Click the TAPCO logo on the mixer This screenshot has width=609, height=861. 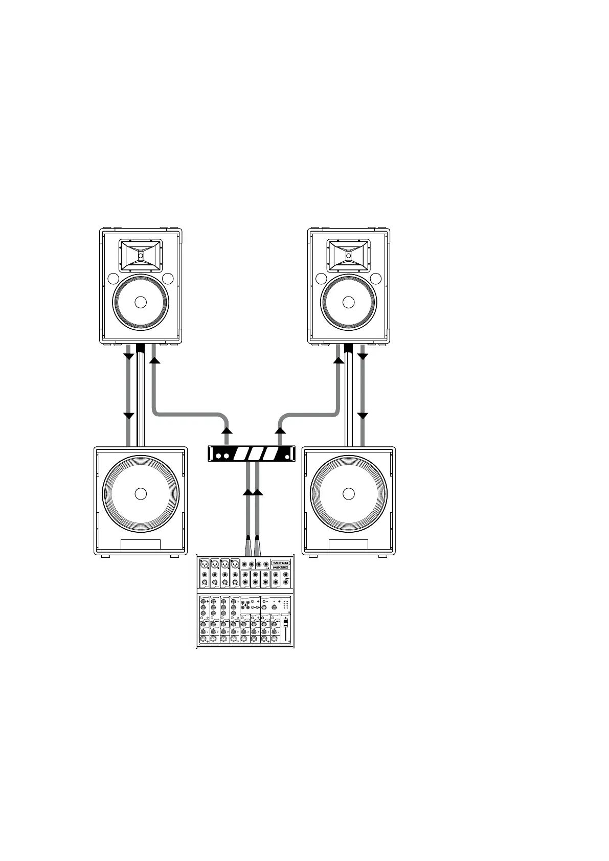(280, 562)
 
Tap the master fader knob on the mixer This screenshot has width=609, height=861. (286, 623)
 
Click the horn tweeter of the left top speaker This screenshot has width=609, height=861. (141, 255)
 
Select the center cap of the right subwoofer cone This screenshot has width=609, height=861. (349, 494)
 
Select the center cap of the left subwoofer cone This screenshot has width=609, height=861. (141, 494)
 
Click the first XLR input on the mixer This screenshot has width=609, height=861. (205, 564)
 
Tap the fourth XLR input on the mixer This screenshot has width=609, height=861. (235, 564)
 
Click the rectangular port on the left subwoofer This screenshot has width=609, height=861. (141, 545)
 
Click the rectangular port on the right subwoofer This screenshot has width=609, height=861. (349, 545)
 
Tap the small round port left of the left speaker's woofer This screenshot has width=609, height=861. (113, 279)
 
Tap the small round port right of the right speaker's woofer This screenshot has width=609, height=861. (376, 279)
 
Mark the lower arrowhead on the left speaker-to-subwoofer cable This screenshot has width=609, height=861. (128, 415)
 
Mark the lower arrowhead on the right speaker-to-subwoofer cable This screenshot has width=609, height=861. (363, 415)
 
